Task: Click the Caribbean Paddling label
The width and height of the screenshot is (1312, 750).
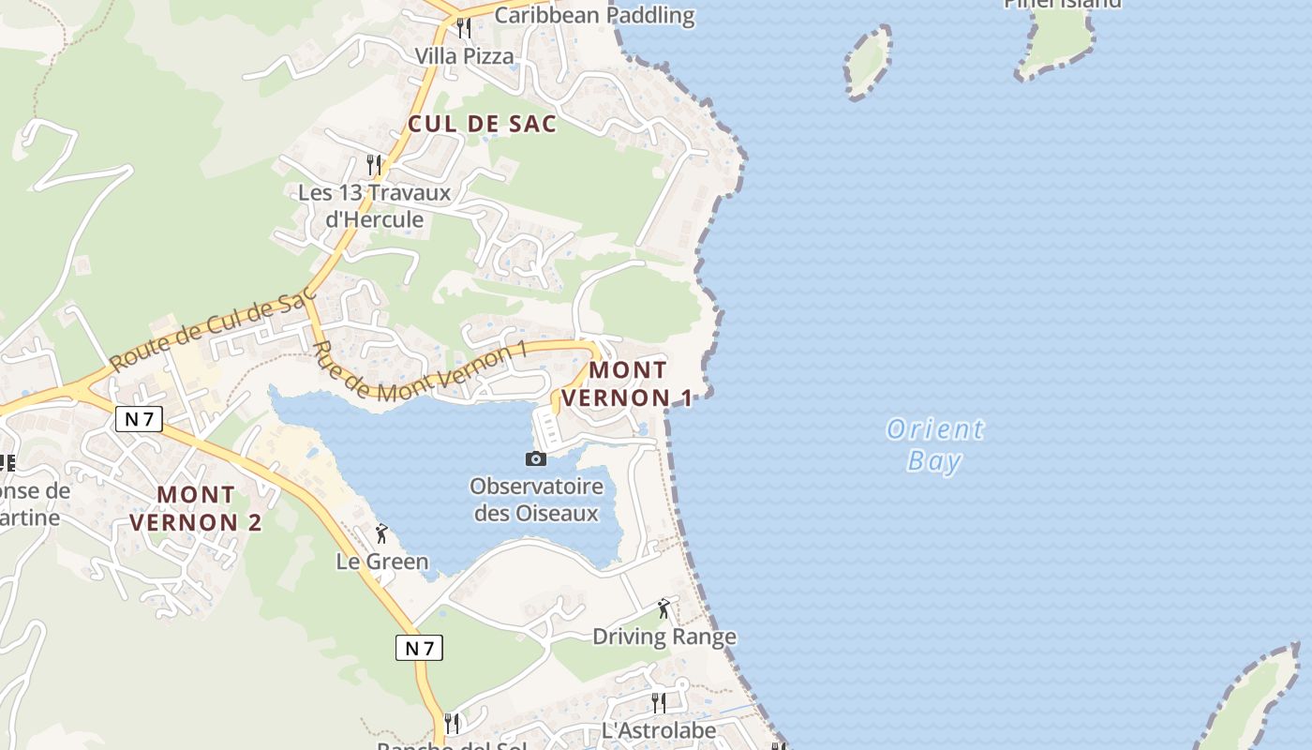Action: [x=594, y=15]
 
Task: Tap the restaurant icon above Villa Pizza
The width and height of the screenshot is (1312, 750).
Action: [x=463, y=28]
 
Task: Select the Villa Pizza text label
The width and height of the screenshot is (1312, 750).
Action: [x=465, y=56]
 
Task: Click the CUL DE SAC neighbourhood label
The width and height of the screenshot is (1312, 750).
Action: [x=483, y=124]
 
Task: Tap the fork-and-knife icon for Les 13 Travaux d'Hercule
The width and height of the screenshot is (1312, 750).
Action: [x=374, y=165]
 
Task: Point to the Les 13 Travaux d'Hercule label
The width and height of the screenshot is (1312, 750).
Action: [x=374, y=206]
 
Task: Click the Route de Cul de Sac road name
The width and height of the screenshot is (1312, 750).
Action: [x=212, y=330]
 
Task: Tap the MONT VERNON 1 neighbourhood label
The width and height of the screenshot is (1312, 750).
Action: [x=628, y=384]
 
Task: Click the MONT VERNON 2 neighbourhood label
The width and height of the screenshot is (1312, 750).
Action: [x=196, y=508]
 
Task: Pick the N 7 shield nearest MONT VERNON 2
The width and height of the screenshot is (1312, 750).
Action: [x=139, y=419]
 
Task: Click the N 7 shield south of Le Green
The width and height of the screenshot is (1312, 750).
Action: [x=418, y=647]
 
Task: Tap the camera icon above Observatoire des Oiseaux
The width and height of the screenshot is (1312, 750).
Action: [x=536, y=458]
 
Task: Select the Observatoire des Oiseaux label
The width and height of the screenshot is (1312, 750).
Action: [x=536, y=500]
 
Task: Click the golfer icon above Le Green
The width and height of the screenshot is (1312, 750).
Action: [x=381, y=534]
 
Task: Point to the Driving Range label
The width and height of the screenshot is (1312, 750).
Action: [x=664, y=637]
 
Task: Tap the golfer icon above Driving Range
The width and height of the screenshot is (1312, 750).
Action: [x=664, y=608]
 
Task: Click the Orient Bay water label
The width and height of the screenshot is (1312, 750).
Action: [x=935, y=444]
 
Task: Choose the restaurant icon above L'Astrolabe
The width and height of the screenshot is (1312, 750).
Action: [x=659, y=702]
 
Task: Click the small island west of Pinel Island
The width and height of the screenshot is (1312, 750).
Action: [x=867, y=60]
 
